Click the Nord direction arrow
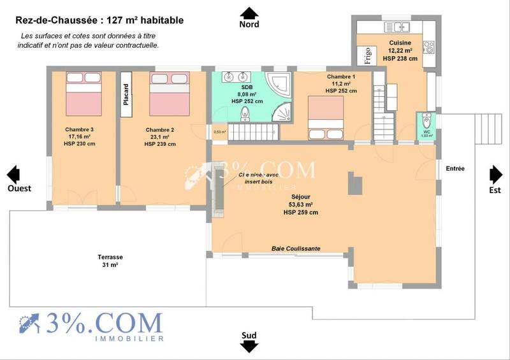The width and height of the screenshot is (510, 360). (x=249, y=13)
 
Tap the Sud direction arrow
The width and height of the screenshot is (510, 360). (x=249, y=346)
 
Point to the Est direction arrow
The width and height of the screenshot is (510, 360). (x=496, y=174)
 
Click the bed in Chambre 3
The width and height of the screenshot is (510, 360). (x=84, y=93)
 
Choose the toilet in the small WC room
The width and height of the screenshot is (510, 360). (x=426, y=120)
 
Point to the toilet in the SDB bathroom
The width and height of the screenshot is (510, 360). (x=245, y=113)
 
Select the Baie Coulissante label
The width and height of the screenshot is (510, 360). (x=296, y=248)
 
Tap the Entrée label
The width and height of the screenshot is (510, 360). (x=455, y=169)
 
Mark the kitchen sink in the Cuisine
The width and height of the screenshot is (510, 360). (x=402, y=27)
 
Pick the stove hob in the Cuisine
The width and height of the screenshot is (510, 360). (x=429, y=47)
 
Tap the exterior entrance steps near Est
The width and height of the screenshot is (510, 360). (x=489, y=120)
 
